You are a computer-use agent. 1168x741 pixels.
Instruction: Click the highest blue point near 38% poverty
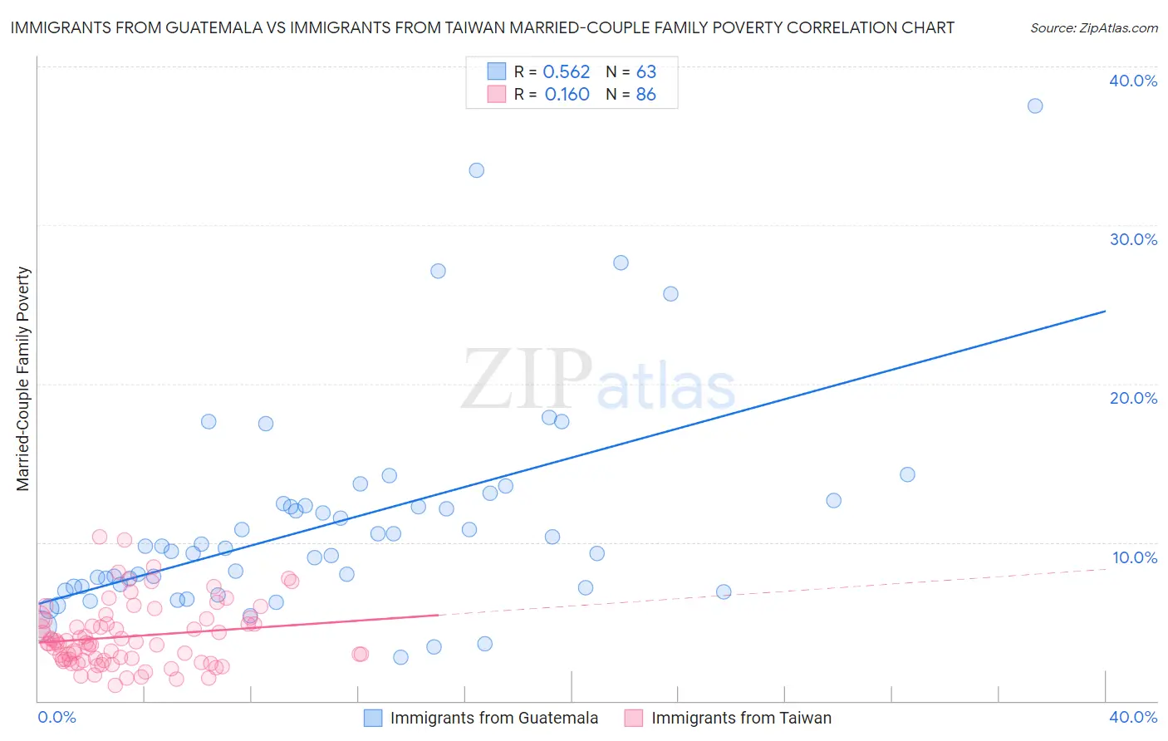pyautogui.click(x=1034, y=106)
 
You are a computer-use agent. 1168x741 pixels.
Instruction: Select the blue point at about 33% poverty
pyautogui.click(x=476, y=170)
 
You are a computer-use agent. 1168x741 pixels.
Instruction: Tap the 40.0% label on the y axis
pyautogui.click(x=1133, y=81)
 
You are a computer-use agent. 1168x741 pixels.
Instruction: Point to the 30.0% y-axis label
pyautogui.click(x=1133, y=239)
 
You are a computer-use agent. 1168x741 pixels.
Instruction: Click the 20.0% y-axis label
pyautogui.click(x=1133, y=398)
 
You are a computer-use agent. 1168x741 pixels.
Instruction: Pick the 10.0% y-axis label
pyautogui.click(x=1133, y=557)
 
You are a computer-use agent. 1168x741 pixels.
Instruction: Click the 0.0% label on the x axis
pyautogui.click(x=56, y=717)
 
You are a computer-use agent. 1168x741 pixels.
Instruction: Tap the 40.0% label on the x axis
pyautogui.click(x=1133, y=717)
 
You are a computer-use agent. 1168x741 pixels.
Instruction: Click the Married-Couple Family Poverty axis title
pyautogui.click(x=23, y=379)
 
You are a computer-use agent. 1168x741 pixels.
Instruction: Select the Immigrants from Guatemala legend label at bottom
pyautogui.click(x=493, y=718)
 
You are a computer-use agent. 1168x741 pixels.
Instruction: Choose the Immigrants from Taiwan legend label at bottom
pyautogui.click(x=741, y=718)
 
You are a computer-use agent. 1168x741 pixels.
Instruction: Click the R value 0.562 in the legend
pyautogui.click(x=566, y=72)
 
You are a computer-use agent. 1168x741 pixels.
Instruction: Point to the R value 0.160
pyautogui.click(x=567, y=95)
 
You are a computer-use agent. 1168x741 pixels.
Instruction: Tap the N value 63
pyautogui.click(x=645, y=72)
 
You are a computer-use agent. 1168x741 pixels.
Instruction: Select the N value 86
pyautogui.click(x=645, y=95)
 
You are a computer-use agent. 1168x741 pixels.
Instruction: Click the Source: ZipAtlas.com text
pyautogui.click(x=1093, y=28)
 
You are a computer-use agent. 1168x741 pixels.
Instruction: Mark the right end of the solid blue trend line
pyautogui.click(x=1105, y=311)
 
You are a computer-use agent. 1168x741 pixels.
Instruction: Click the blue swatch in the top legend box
pyautogui.click(x=496, y=71)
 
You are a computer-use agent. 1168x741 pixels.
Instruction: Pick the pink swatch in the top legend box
pyautogui.click(x=496, y=94)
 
